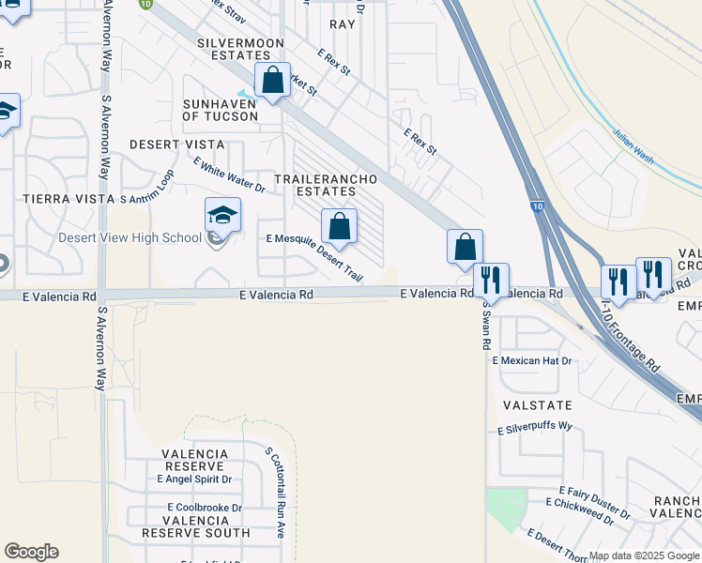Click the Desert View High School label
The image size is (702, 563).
pos(130,237)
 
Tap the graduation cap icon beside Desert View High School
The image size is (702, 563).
pos(222,216)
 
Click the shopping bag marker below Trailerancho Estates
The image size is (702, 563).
pos(339,226)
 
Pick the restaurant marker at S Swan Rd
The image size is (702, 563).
pos(491,280)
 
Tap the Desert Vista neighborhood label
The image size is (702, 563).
pos(176,145)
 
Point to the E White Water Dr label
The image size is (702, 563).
pos(230,175)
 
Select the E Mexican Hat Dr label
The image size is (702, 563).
pos(532,360)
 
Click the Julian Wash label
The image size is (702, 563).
pos(633,145)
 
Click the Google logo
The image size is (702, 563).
pos(31,552)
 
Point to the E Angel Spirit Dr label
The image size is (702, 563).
pos(194,479)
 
